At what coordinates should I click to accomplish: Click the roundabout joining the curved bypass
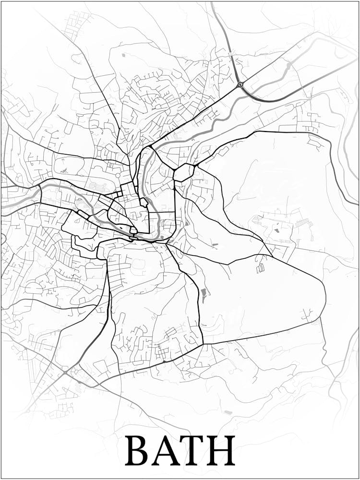click(240, 84)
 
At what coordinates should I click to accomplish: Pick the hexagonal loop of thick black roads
click(183, 172)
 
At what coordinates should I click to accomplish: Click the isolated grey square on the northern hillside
click(123, 55)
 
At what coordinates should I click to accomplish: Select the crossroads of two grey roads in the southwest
click(65, 372)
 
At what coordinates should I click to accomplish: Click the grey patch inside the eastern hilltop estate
click(277, 229)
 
